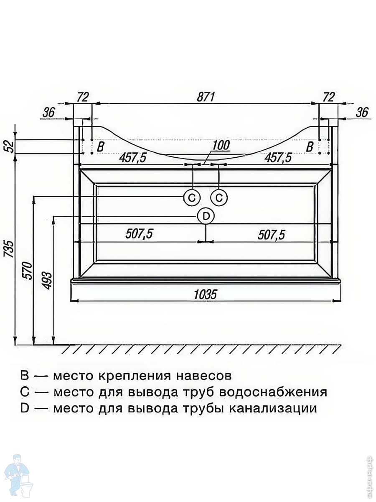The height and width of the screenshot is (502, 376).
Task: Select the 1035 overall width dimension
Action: coord(206,295)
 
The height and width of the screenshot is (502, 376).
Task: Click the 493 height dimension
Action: coord(47,281)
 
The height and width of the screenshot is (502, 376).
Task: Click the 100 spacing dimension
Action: coord(221,146)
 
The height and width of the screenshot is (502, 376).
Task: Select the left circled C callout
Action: coord(192,197)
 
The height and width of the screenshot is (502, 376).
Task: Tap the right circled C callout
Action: coord(219,197)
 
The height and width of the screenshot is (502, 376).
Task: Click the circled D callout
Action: coord(206,216)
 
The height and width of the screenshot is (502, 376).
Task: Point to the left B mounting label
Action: coord(100,147)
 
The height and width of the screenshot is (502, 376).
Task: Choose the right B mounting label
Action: coord(310,147)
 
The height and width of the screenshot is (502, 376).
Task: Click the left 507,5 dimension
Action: coord(139,235)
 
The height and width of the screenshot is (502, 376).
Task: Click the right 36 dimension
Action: coord(362,112)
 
